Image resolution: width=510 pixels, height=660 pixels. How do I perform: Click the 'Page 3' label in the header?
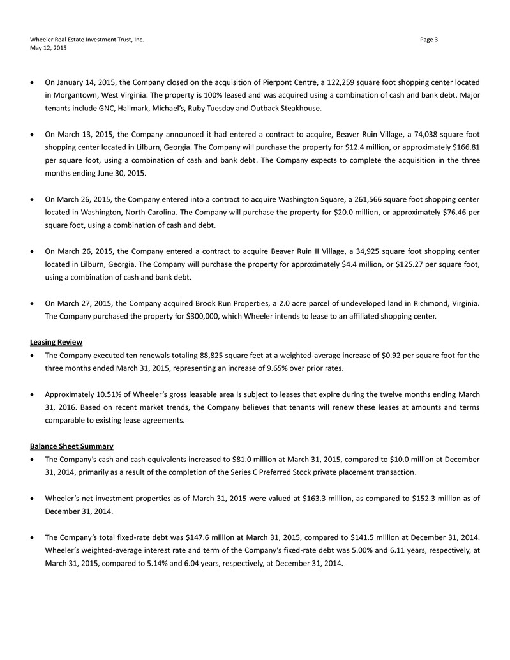(429, 40)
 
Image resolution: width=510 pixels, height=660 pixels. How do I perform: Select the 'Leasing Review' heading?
(56, 342)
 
